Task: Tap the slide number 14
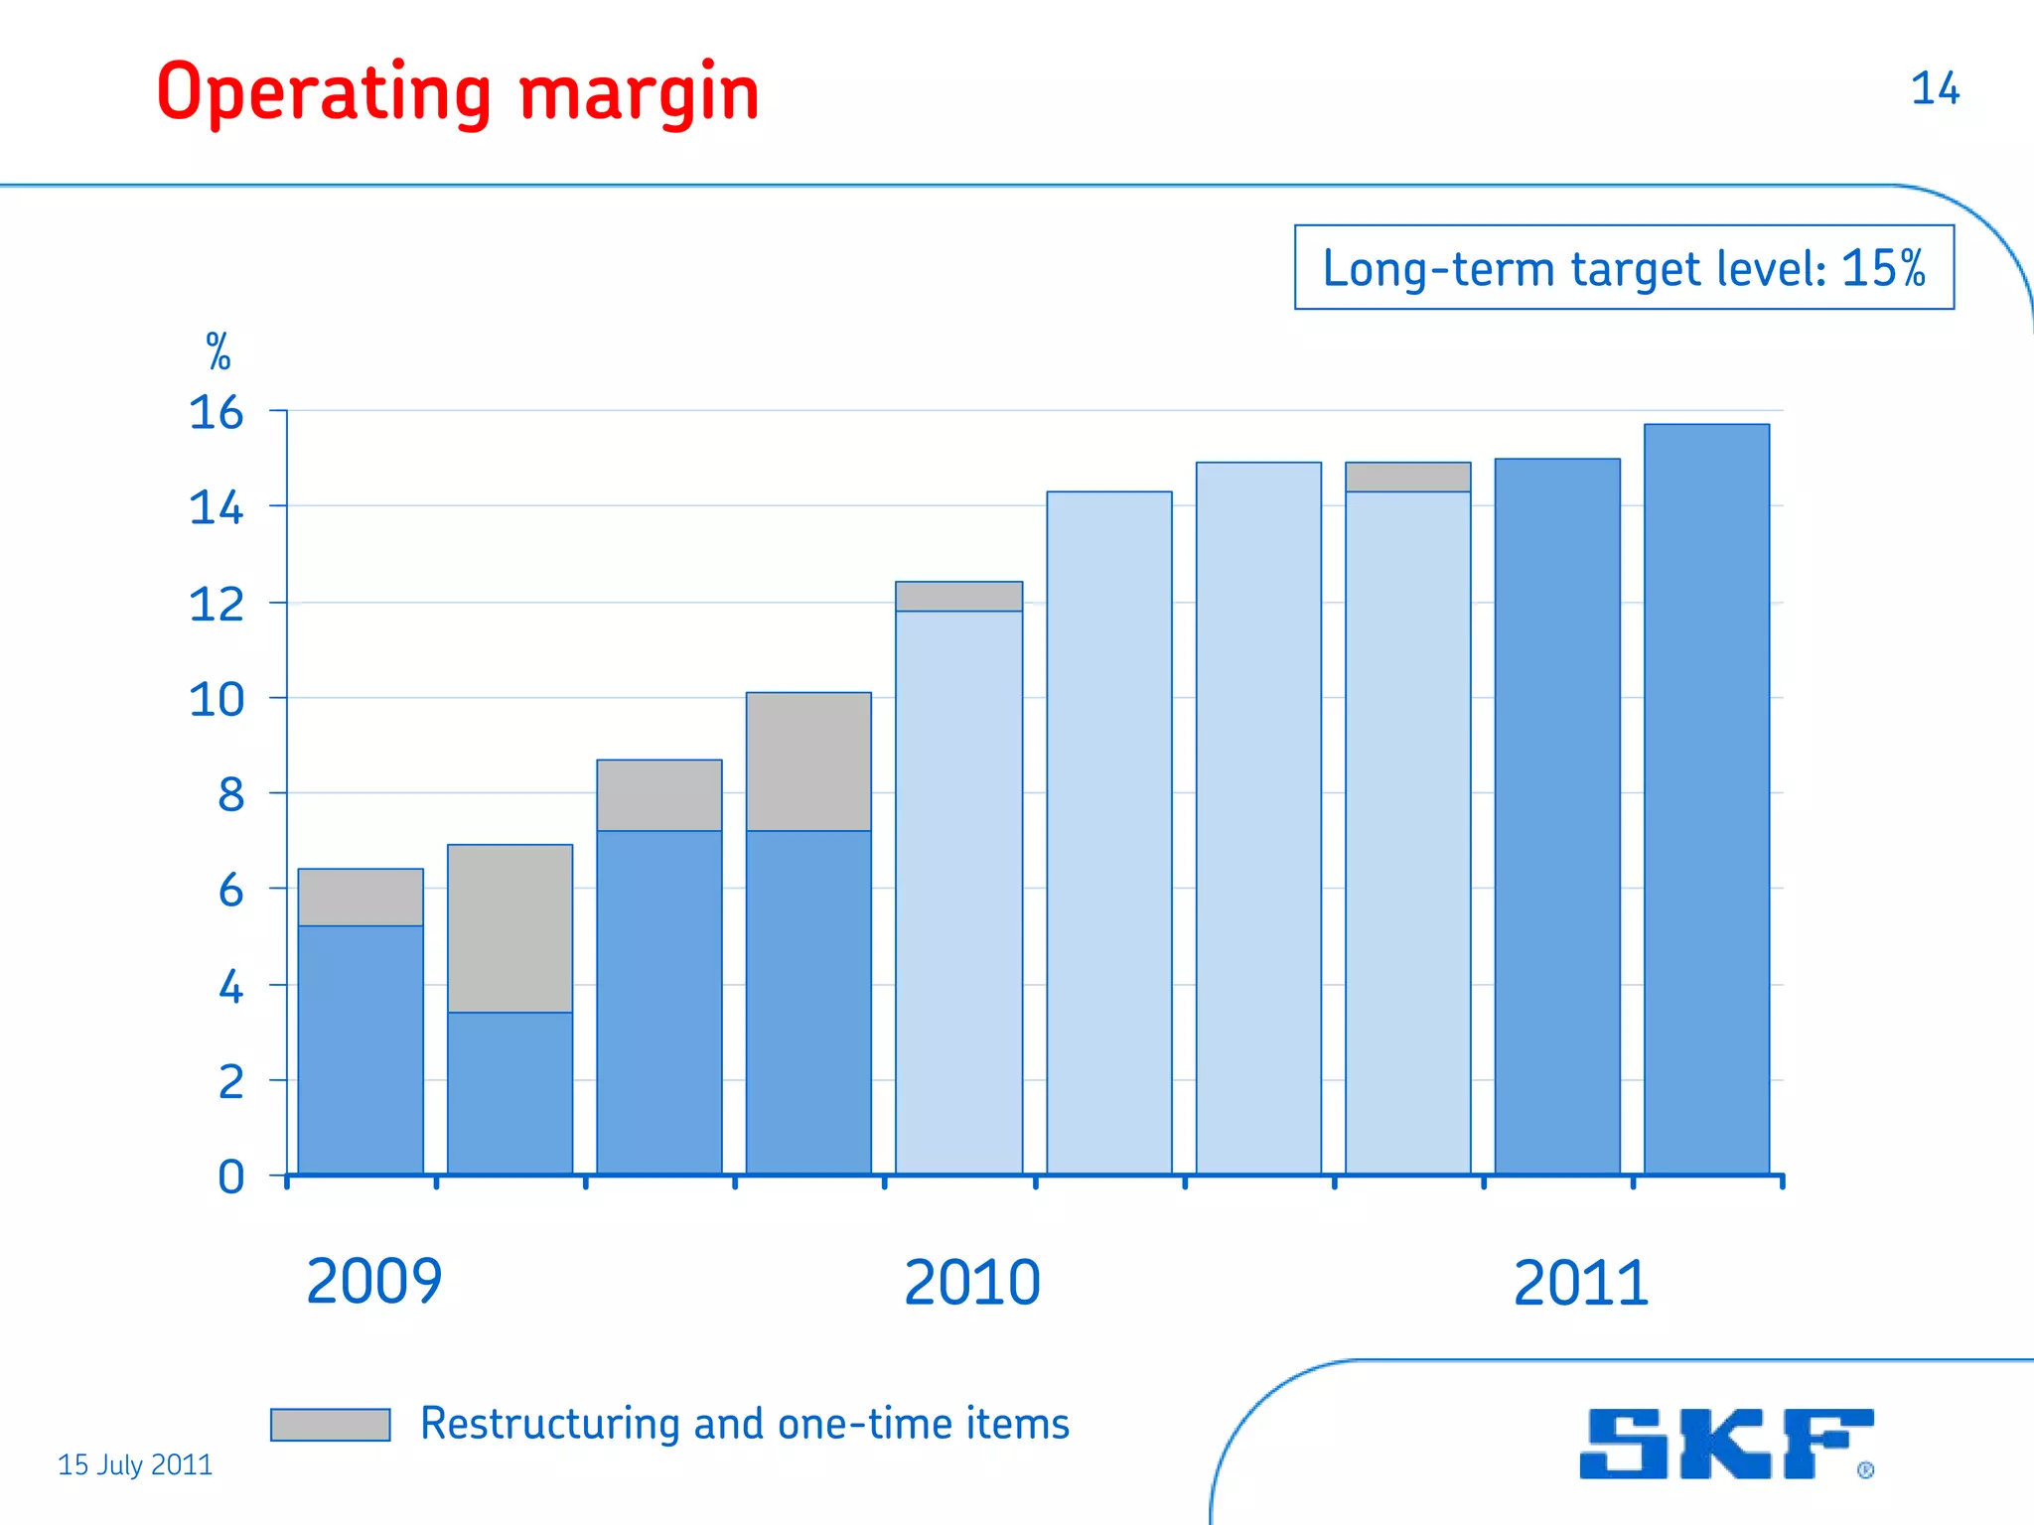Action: coord(1934,88)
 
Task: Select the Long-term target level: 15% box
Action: coord(1623,268)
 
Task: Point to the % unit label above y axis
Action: coord(218,352)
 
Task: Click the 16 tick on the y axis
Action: coord(216,412)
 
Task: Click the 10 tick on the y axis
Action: coord(216,700)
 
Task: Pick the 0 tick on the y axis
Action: coord(230,1178)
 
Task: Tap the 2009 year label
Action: coord(373,1281)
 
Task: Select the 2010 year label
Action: coord(971,1282)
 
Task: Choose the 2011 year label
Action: coord(1580,1283)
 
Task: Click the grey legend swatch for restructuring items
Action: coord(330,1424)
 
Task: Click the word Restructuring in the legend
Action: coord(550,1424)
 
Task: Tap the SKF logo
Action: coord(1725,1444)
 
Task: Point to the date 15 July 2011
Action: coord(135,1464)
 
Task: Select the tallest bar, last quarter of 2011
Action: coord(1706,794)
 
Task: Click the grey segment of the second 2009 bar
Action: coord(509,928)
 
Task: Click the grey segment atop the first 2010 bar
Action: coord(958,596)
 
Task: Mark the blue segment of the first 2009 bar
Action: coord(361,1047)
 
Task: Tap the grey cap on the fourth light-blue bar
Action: coord(1407,477)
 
